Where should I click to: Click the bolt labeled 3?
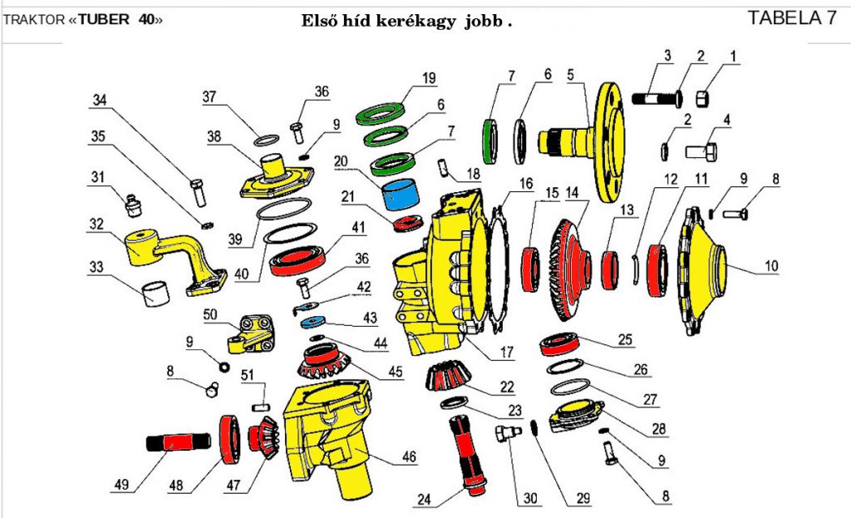[x=656, y=98]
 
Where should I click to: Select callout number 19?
[x=428, y=79]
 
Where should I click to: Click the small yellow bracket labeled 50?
[x=250, y=330]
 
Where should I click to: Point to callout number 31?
[x=98, y=176]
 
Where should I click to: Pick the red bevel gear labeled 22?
[x=448, y=375]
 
